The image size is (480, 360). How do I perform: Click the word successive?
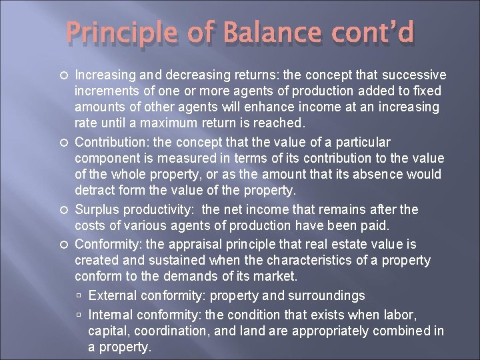(x=412, y=75)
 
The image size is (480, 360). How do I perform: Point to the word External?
(x=111, y=295)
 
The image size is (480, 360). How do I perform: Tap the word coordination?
(x=167, y=331)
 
